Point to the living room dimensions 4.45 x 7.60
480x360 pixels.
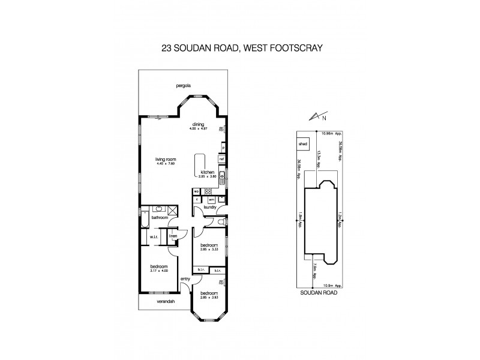pos(163,163)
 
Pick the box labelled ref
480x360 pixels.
pos(221,159)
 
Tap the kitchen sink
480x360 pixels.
pos(221,176)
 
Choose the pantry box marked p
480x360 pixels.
pos(223,147)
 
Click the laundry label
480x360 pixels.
pos(209,207)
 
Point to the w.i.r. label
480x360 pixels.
pos(154,237)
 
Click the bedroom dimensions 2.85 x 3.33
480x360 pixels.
pos(209,249)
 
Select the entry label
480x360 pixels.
pos(185,278)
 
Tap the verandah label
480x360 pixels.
pos(166,301)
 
